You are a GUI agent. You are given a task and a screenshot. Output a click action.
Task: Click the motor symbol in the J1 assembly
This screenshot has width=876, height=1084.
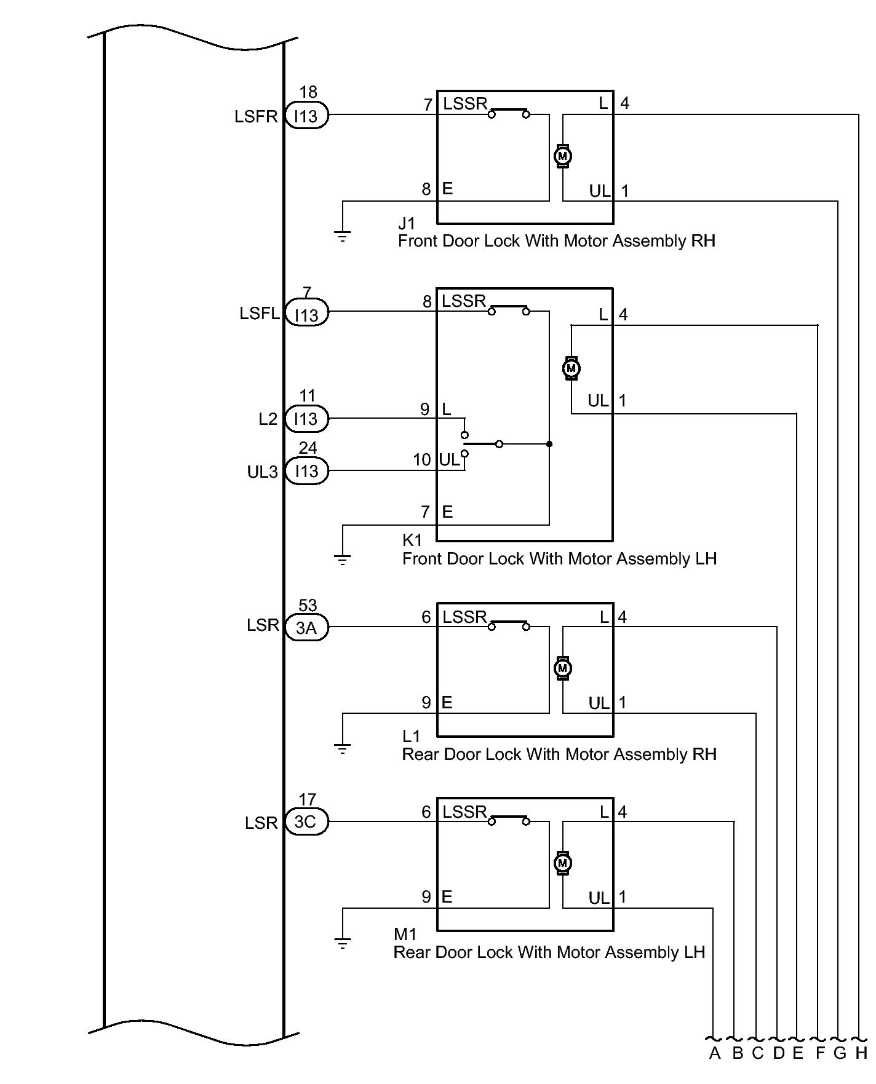click(562, 157)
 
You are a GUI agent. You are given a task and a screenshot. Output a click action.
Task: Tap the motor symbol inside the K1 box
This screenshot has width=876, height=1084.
click(571, 368)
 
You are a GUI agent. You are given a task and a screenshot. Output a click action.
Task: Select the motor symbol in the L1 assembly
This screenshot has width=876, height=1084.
click(562, 668)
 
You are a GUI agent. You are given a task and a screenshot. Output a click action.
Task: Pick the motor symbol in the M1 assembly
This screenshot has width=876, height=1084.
click(562, 863)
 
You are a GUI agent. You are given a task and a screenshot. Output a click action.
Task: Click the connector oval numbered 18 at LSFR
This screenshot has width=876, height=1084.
click(306, 116)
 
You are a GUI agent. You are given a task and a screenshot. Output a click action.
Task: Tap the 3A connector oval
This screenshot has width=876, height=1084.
click(306, 628)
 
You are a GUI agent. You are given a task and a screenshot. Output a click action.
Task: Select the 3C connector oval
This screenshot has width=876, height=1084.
click(306, 823)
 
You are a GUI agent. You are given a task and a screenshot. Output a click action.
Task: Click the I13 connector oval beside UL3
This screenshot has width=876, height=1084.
click(306, 472)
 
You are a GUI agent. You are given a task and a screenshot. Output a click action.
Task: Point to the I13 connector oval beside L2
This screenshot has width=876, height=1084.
click(306, 419)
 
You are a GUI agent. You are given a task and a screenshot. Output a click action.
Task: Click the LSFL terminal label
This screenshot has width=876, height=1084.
click(260, 314)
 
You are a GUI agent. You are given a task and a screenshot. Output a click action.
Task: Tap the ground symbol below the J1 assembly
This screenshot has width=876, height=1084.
click(342, 237)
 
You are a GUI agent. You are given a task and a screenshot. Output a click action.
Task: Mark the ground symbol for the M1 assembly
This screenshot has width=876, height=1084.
click(342, 943)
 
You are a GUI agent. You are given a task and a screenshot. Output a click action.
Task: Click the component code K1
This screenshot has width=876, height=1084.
click(412, 540)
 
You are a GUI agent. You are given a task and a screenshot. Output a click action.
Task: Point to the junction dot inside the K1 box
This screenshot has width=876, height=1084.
click(549, 444)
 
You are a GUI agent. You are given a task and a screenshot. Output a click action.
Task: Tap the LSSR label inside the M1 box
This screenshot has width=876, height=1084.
click(464, 812)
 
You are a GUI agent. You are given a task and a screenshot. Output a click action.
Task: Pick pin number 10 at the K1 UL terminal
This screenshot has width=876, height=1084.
click(422, 460)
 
